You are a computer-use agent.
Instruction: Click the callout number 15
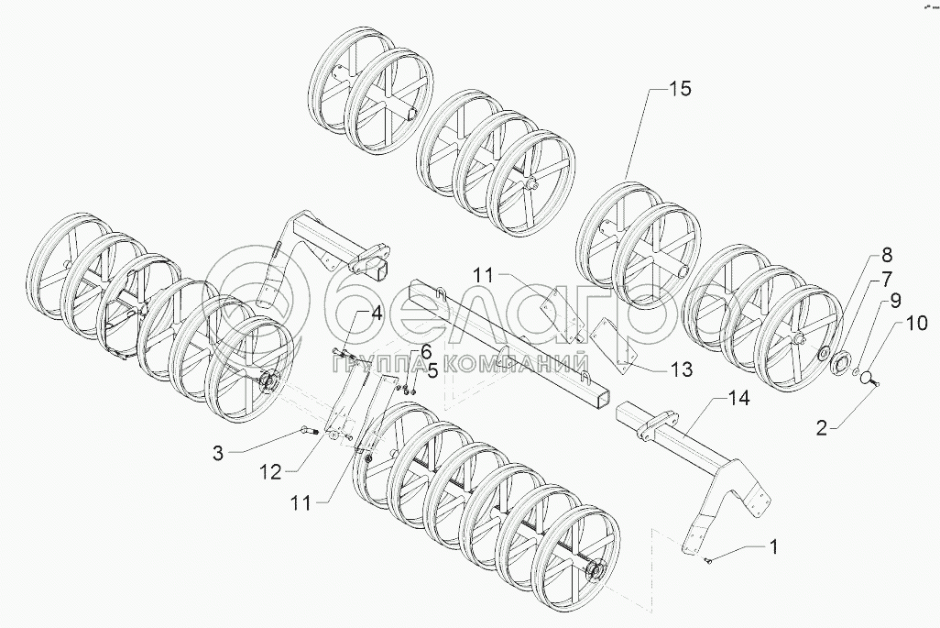(679, 90)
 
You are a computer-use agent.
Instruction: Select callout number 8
(887, 255)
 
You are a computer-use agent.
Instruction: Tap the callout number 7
(887, 277)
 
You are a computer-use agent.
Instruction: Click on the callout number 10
(917, 323)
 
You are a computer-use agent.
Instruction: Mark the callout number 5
(432, 371)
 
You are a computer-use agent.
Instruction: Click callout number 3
(217, 451)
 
